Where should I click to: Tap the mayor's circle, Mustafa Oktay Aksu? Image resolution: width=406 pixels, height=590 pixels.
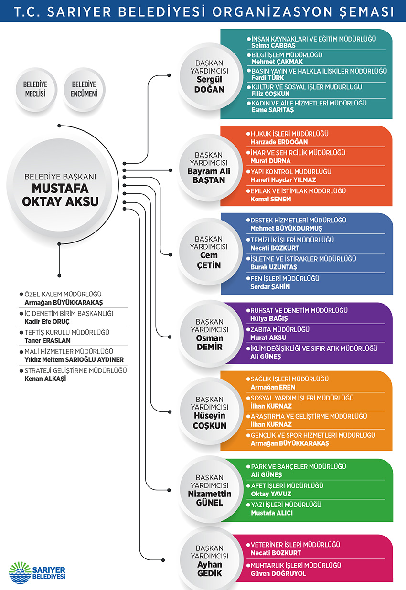pyautogui.click(x=61, y=189)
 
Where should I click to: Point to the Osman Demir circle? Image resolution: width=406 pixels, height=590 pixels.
pyautogui.click(x=209, y=334)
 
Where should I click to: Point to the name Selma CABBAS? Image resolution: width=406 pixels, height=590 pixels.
pyautogui.click(x=273, y=46)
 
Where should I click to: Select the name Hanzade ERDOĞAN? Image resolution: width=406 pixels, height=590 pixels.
pyautogui.click(x=279, y=142)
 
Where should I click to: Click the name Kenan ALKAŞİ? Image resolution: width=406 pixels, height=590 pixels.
pyautogui.click(x=45, y=379)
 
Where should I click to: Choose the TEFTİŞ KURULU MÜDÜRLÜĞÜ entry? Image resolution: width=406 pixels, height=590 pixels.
pyautogui.click(x=67, y=332)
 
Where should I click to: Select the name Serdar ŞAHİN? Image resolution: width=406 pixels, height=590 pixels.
pyautogui.click(x=270, y=287)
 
